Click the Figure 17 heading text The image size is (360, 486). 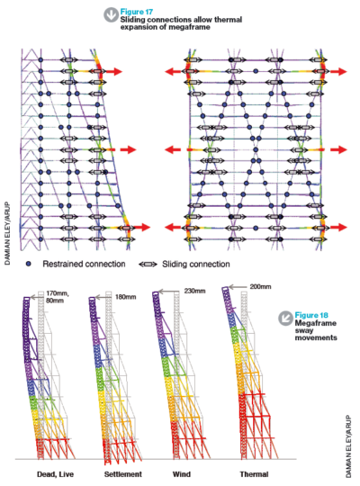[137, 12]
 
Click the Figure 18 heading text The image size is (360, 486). [311, 315]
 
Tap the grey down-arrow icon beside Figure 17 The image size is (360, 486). [111, 15]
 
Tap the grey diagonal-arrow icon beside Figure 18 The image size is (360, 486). [285, 318]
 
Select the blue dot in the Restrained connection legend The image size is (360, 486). [29, 264]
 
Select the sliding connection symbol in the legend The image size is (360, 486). [148, 265]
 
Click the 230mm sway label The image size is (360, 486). [194, 291]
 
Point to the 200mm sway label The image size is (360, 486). [260, 287]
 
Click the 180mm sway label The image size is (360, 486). [126, 297]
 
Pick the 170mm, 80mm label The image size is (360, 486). [57, 297]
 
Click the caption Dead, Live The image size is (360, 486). [55, 474]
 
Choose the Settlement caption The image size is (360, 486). [122, 474]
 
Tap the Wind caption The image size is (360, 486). [182, 474]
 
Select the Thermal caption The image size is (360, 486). [254, 474]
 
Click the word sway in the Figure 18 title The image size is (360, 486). [304, 330]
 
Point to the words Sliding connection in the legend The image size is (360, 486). [196, 264]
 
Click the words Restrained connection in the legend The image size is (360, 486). [84, 264]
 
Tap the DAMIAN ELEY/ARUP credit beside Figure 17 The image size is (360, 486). [7, 233]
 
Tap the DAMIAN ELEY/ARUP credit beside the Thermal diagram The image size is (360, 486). [348, 446]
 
